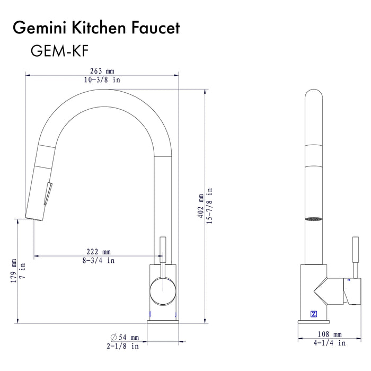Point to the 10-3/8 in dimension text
pyautogui.click(x=103, y=79)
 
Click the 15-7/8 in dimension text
pyautogui.click(x=209, y=205)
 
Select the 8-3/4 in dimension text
pyautogui.click(x=99, y=260)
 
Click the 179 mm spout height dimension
pyautogui.click(x=14, y=271)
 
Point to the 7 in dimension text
pyautogui.click(x=23, y=271)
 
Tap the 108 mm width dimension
pyautogui.click(x=330, y=334)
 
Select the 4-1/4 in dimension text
pyautogui.click(x=330, y=343)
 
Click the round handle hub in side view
pyautogui.click(x=161, y=292)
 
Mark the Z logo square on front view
pyautogui.click(x=313, y=312)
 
